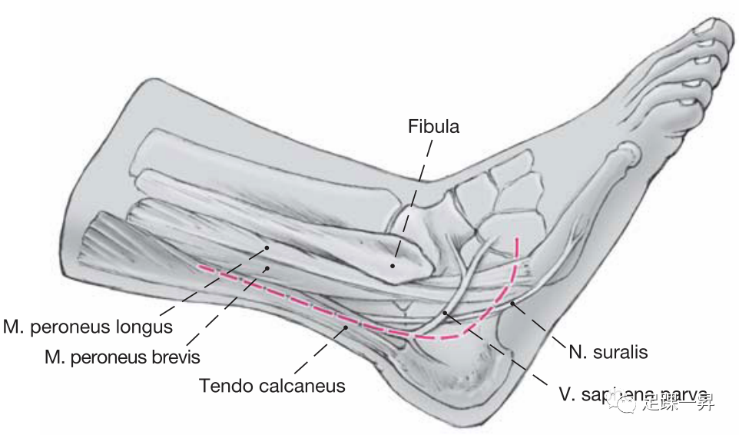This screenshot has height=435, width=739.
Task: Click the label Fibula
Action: pyautogui.click(x=433, y=126)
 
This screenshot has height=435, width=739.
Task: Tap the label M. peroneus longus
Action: pyautogui.click(x=87, y=327)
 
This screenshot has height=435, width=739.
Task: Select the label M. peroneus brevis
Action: pyautogui.click(x=122, y=357)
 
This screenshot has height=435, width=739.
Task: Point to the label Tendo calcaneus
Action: pyautogui.click(x=272, y=385)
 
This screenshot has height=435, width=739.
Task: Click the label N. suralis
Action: pyautogui.click(x=609, y=353)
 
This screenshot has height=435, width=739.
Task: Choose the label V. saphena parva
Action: pyautogui.click(x=632, y=397)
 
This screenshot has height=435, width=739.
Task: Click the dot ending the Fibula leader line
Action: pyautogui.click(x=393, y=266)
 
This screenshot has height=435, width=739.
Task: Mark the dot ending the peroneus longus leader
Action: pyautogui.click(x=267, y=247)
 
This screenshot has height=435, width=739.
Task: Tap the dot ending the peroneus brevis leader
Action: pyautogui.click(x=267, y=267)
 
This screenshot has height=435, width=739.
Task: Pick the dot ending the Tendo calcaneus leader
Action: pyautogui.click(x=346, y=327)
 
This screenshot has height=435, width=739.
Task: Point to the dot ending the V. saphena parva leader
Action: pyautogui.click(x=446, y=313)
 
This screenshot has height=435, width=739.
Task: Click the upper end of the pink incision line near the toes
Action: pyautogui.click(x=517, y=239)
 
